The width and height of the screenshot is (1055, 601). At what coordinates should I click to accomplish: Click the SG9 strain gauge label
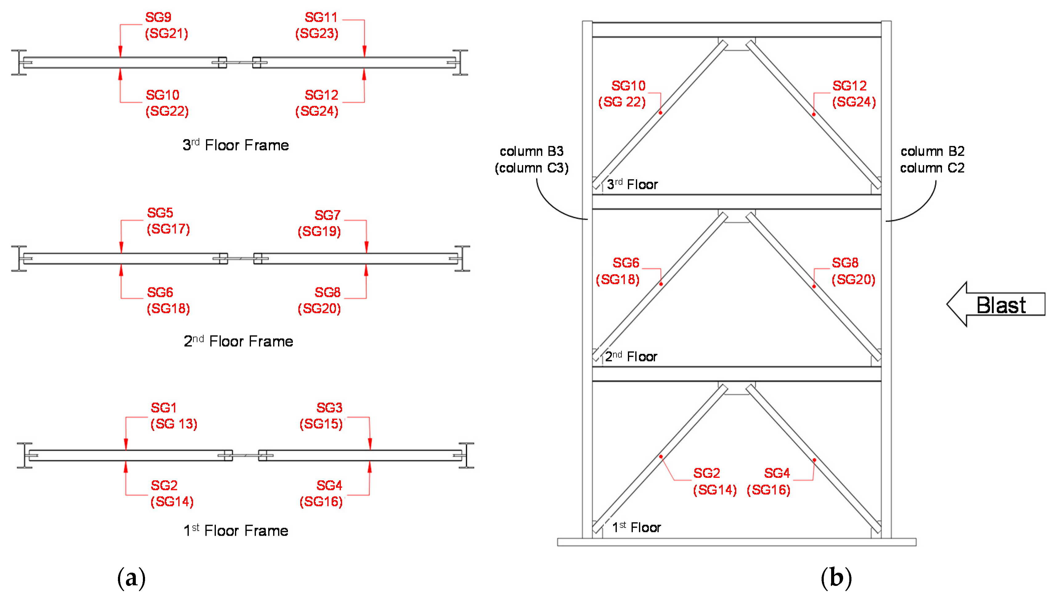pyautogui.click(x=158, y=17)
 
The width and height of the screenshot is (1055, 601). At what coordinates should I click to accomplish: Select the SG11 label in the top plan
pyautogui.click(x=321, y=17)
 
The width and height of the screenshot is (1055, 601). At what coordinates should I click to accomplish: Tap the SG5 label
pyautogui.click(x=160, y=213)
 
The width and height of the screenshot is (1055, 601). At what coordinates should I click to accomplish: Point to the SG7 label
pyautogui.click(x=327, y=215)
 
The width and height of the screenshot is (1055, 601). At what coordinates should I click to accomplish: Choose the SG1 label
pyautogui.click(x=164, y=408)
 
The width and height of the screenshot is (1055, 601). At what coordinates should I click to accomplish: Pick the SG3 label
pyautogui.click(x=329, y=408)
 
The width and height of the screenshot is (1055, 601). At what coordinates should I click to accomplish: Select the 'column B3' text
pyautogui.click(x=532, y=152)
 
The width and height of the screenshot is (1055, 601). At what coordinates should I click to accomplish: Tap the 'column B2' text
pyautogui.click(x=932, y=152)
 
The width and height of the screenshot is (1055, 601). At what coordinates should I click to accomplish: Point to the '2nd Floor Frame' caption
pyautogui.click(x=238, y=341)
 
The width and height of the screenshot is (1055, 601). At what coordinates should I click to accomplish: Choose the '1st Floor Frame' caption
pyautogui.click(x=236, y=530)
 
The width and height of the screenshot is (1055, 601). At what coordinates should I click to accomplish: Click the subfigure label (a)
pyautogui.click(x=131, y=578)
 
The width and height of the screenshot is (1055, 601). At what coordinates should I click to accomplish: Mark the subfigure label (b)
pyautogui.click(x=836, y=578)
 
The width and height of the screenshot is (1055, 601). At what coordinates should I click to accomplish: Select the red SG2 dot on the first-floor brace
pyautogui.click(x=661, y=457)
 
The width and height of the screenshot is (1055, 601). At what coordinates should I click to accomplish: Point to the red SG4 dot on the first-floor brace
pyautogui.click(x=814, y=460)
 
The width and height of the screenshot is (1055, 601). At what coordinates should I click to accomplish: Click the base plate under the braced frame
pyautogui.click(x=737, y=542)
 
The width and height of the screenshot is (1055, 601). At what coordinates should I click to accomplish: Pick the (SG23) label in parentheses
pyautogui.click(x=317, y=34)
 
